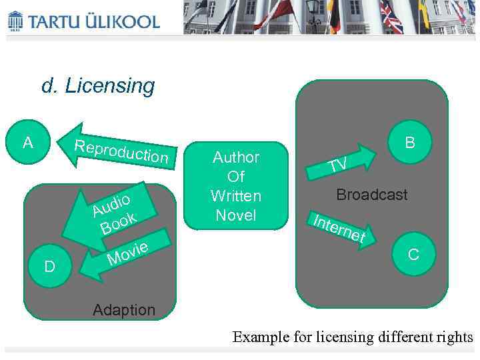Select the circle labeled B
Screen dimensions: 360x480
(410, 142)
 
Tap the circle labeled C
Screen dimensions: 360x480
(413, 254)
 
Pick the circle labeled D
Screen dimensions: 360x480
(49, 267)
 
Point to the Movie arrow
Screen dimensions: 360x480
(123, 255)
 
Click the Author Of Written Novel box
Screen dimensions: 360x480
(235, 186)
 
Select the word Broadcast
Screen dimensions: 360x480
(371, 195)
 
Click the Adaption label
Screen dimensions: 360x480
(124, 310)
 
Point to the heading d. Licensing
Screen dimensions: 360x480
(98, 86)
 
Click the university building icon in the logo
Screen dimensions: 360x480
(15, 21)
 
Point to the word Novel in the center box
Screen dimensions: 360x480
(235, 215)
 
